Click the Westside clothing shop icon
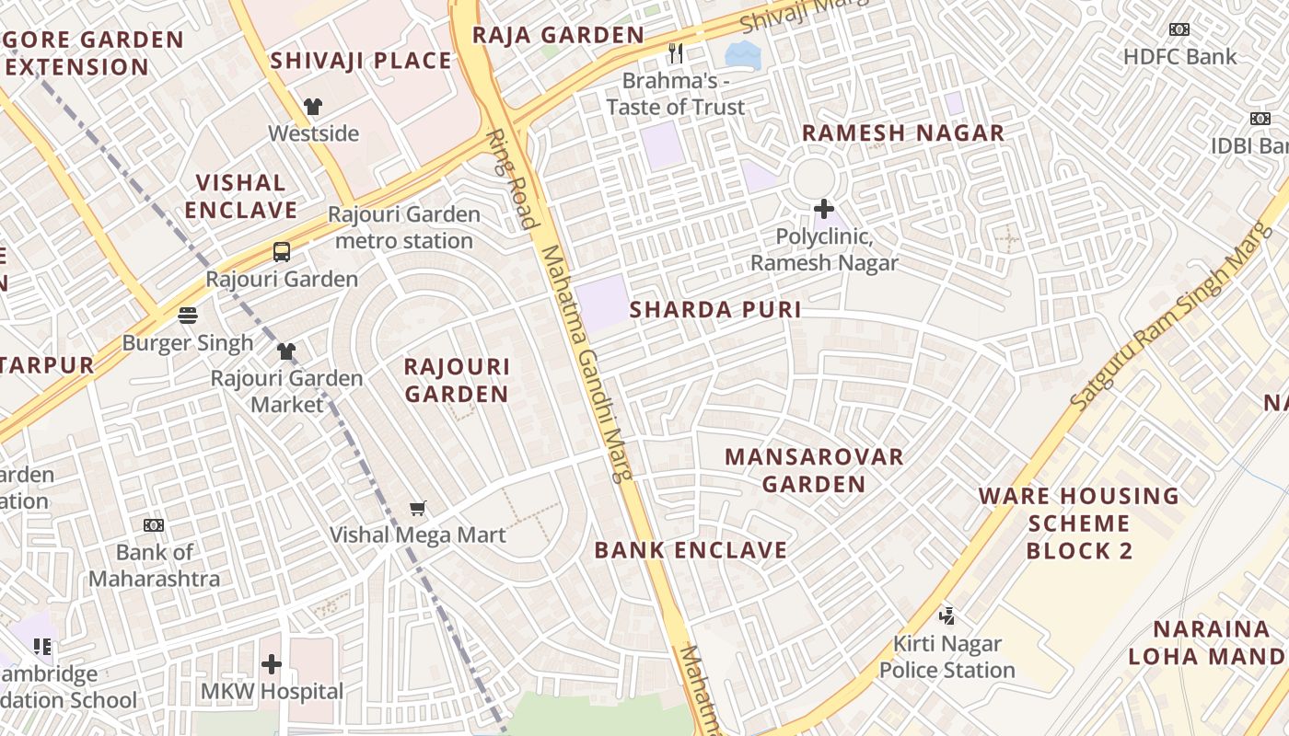coord(312,107)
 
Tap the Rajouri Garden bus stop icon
coord(281,252)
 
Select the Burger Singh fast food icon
coord(188,316)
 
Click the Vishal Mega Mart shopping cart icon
coord(418,508)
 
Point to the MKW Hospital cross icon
coord(272,663)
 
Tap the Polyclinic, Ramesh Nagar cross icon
coord(824,209)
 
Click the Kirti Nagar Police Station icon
coord(946,615)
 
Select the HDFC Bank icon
coord(1179,29)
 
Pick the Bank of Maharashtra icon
coord(154,525)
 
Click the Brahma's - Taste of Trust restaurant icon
coord(676,53)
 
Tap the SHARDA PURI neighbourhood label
coord(715,310)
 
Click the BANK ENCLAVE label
coord(691,550)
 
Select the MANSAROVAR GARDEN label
coord(814,470)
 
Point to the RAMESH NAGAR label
coord(902,132)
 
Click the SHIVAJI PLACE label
coord(361,61)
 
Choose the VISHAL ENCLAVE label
coord(241,196)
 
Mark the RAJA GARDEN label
coord(558,35)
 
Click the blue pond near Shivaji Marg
coord(743,54)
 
